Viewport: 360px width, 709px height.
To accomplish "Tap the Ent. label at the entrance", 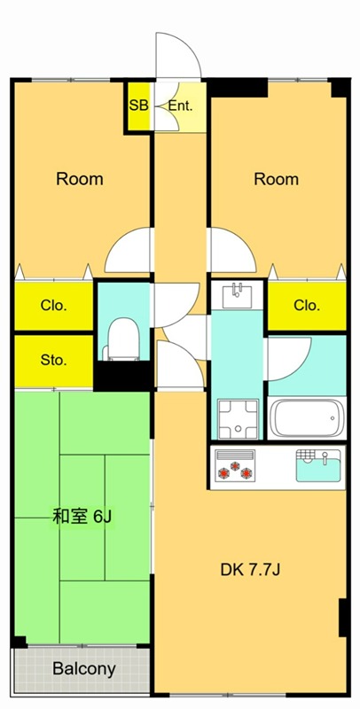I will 181,106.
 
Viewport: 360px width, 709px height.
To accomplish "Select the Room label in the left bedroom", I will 80,179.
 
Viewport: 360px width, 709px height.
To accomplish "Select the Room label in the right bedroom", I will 276,179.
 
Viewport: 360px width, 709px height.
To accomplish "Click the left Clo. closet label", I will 53,306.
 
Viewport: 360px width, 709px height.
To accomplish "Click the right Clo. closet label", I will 307,306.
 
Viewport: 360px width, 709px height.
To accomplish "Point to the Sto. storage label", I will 53,361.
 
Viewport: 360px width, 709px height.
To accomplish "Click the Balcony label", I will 83,669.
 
